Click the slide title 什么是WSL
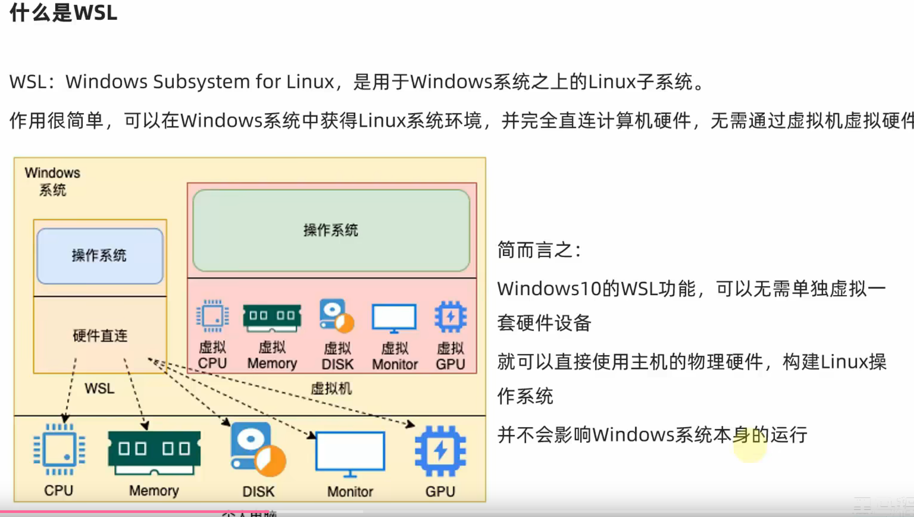point(63,13)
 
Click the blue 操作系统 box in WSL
point(100,256)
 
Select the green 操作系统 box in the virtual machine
point(331,230)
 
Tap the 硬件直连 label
point(100,336)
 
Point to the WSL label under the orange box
point(99,388)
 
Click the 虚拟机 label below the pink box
point(331,388)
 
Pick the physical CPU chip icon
point(59,450)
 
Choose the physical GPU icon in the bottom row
point(440,450)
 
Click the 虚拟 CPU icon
point(213,316)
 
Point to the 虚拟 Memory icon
point(272,317)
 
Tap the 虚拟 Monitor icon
point(394,318)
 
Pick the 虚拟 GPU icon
point(450,317)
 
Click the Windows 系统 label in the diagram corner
point(52,181)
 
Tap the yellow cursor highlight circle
point(750,446)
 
